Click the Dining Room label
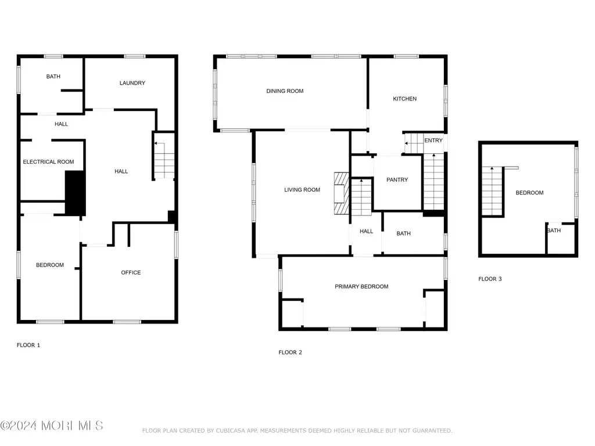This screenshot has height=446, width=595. [x=285, y=91]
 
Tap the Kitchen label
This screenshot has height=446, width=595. [x=404, y=99]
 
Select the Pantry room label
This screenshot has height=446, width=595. [x=397, y=180]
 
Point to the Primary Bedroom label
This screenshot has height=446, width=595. [x=361, y=287]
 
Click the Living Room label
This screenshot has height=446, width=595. [x=302, y=190]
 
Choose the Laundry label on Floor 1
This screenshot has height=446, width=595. [x=132, y=83]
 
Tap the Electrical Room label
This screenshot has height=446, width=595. [x=48, y=162]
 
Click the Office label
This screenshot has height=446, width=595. [x=131, y=273]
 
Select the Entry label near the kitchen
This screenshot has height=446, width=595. [x=433, y=141]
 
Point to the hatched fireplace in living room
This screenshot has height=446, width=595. [x=341, y=193]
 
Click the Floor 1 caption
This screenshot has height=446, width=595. [x=28, y=345]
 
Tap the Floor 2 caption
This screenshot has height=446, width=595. [x=290, y=353]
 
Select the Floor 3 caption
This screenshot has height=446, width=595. [x=489, y=279]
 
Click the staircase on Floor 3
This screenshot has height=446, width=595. [x=492, y=192]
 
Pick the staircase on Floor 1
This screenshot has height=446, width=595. [x=164, y=160]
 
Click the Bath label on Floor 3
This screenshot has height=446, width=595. [x=554, y=231]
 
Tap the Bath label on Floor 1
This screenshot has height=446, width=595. [x=53, y=77]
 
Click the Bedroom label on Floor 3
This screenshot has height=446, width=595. [x=529, y=193]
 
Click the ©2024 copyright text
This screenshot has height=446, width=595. [x=18, y=426]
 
